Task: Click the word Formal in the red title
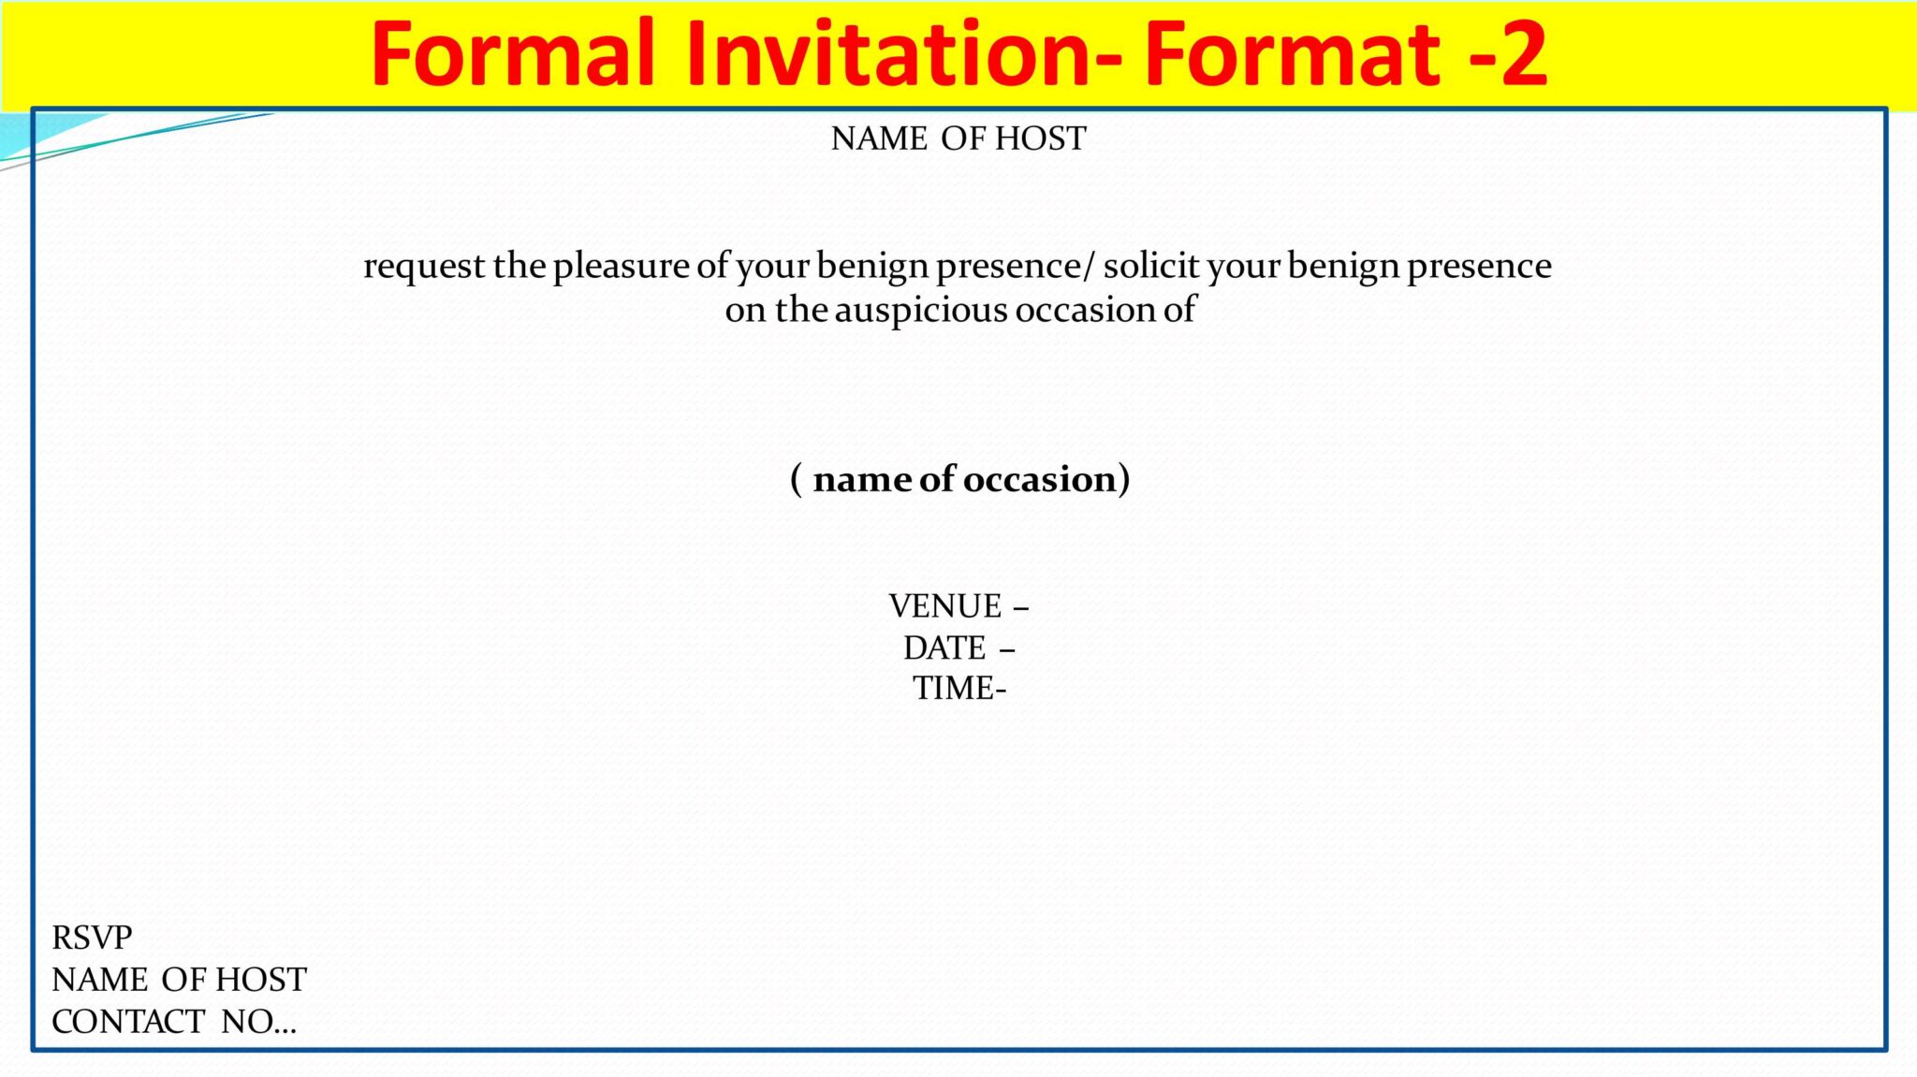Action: (513, 53)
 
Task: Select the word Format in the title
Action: (1292, 53)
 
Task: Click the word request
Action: (424, 267)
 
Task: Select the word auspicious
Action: (921, 310)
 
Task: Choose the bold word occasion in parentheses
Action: (1039, 480)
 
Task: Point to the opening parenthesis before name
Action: (797, 479)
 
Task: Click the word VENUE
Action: (945, 606)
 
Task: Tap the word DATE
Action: (944, 648)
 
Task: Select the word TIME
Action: (954, 689)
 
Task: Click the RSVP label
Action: (92, 938)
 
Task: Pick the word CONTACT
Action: (128, 1022)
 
